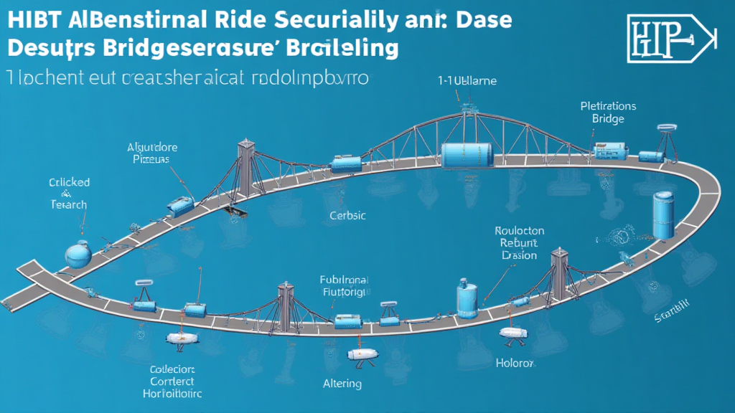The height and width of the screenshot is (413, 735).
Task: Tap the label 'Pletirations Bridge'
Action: click(x=607, y=112)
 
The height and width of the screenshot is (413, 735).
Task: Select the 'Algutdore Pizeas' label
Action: click(x=151, y=153)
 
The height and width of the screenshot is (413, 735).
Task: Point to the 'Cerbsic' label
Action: click(x=347, y=215)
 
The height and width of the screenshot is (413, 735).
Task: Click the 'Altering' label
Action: click(x=342, y=384)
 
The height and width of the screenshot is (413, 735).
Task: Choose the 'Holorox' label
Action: click(x=514, y=363)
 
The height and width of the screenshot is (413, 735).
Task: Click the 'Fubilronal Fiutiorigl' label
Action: click(x=344, y=286)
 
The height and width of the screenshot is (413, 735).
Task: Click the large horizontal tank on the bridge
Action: click(x=465, y=156)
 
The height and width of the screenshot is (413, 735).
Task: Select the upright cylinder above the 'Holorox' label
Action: click(x=467, y=299)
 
